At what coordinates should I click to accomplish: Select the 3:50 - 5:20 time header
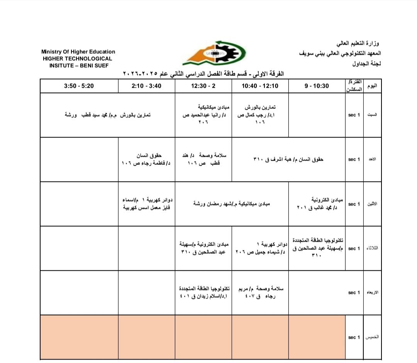pyautogui.click(x=79, y=86)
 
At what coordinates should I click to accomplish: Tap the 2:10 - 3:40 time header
pyautogui.click(x=146, y=86)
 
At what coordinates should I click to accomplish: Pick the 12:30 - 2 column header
pyautogui.click(x=203, y=86)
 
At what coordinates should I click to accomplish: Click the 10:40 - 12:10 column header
pyautogui.click(x=260, y=86)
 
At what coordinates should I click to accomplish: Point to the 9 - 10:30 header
pyautogui.click(x=317, y=86)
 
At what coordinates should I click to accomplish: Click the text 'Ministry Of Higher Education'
pyautogui.click(x=78, y=52)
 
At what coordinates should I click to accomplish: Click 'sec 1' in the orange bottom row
pyautogui.click(x=354, y=337)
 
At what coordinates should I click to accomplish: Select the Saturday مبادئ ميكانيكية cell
pyautogui.click(x=203, y=115)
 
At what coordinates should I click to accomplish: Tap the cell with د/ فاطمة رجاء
pyautogui.click(x=146, y=159)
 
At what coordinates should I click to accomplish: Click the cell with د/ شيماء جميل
pyautogui.click(x=260, y=248)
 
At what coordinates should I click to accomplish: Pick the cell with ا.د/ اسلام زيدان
pyautogui.click(x=203, y=293)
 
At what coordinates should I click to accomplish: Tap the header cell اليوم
pyautogui.click(x=373, y=86)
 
